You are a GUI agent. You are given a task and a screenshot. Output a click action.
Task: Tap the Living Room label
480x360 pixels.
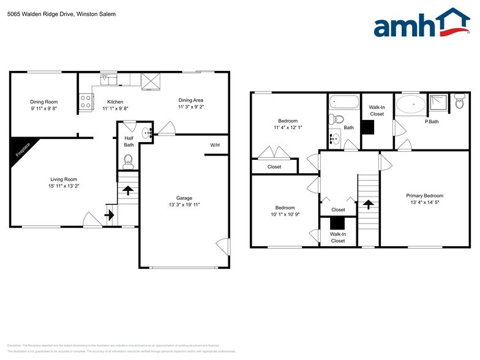coord(62,179)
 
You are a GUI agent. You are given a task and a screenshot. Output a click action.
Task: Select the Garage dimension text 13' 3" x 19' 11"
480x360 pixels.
coord(184,205)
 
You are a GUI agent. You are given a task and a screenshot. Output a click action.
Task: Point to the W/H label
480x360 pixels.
coord(215,145)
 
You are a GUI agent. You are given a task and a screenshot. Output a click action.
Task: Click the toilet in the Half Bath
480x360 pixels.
coord(129,161)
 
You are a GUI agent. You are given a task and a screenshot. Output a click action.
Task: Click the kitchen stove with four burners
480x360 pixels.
coord(85,102)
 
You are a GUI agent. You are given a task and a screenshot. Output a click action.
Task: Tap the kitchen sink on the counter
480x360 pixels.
coord(108,78)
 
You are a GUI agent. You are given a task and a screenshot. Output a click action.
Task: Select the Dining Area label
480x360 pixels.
coord(190,100)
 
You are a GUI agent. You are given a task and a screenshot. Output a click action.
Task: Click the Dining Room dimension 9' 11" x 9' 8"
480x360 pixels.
coord(44,108)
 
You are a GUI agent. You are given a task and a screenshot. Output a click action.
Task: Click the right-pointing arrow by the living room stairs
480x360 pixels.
coord(110,214)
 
